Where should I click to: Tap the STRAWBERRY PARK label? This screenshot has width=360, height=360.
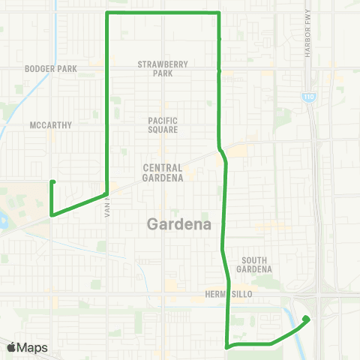162,68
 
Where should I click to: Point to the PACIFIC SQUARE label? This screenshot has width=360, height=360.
163,124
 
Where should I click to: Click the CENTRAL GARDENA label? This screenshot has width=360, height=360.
163,173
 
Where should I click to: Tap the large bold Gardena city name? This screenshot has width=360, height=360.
179,223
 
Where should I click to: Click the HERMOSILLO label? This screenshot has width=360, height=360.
229,295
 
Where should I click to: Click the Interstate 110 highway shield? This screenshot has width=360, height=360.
308,97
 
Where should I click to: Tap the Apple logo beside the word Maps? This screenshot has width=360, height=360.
12,347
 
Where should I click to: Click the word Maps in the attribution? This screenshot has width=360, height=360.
33,347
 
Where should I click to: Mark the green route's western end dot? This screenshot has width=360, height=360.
52,181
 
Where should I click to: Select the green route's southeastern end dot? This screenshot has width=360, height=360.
306,319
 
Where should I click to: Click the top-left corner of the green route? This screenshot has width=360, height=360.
108,13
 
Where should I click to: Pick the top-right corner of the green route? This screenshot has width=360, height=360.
218,13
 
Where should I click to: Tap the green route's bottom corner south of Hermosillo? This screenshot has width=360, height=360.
227,346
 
